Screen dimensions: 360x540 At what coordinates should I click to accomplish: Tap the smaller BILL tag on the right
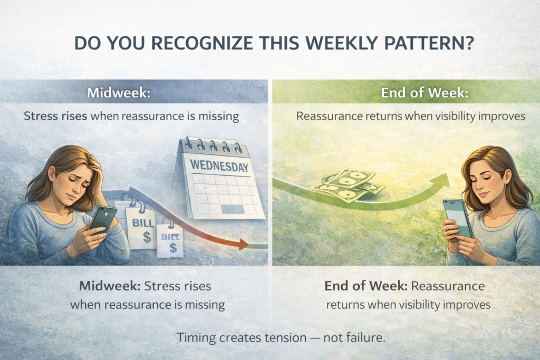click(x=170, y=239)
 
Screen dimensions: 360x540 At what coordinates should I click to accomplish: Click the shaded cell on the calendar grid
click(x=233, y=209)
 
